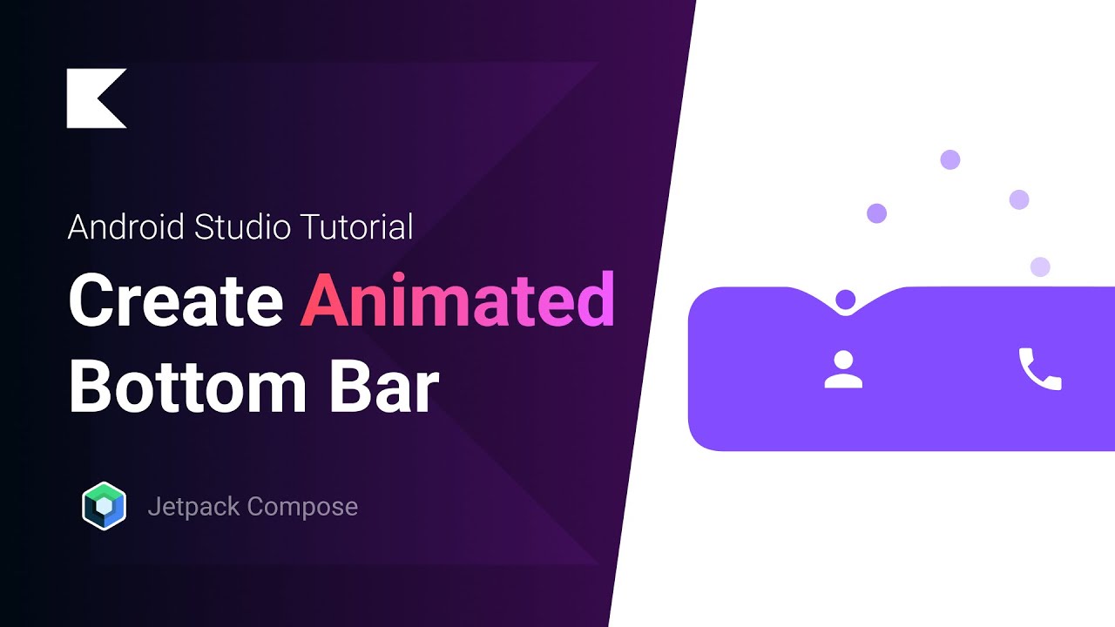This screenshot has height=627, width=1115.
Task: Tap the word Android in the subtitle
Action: [x=126, y=227]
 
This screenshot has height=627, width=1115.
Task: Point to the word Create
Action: [x=176, y=300]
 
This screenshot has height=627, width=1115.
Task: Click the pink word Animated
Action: [x=457, y=300]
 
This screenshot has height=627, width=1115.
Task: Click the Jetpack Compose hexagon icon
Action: [x=105, y=506]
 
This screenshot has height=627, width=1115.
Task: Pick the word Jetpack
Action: [x=193, y=507]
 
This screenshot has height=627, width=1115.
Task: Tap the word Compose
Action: [x=303, y=507]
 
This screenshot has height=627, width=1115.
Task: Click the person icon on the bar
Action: [x=843, y=369]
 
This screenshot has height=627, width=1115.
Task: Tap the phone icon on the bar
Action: [x=1040, y=369]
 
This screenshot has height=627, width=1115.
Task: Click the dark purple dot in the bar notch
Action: [x=845, y=300]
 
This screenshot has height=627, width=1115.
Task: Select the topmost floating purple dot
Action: [x=950, y=159]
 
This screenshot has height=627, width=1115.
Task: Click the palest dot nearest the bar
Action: [x=1040, y=266]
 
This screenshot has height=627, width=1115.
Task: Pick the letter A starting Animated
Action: [x=324, y=300]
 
